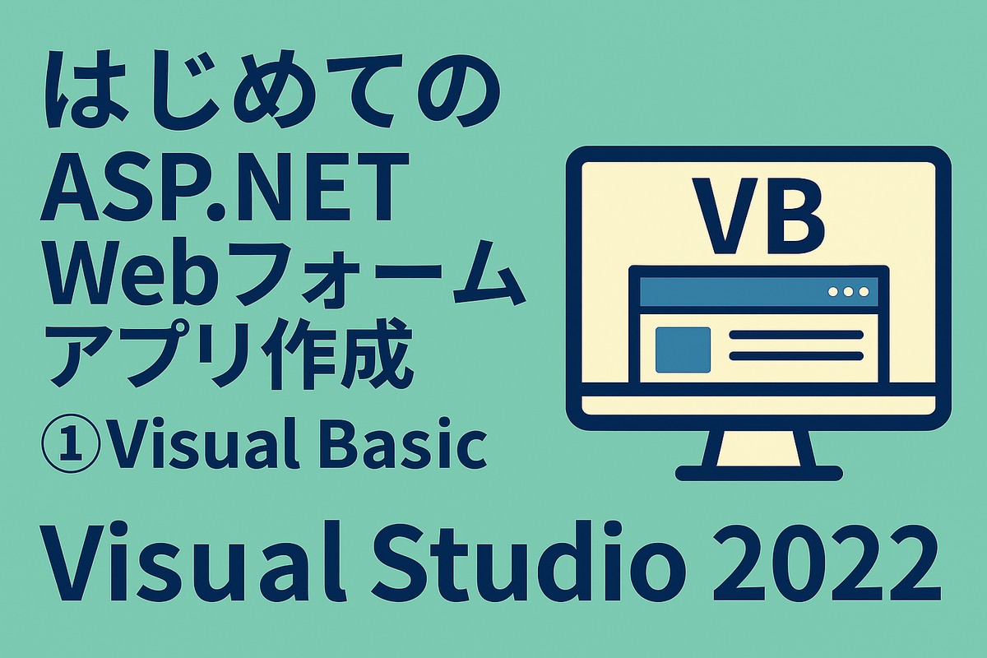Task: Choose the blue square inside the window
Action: point(683,349)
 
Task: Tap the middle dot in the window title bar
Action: point(848,292)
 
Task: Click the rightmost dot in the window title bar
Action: point(863,292)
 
